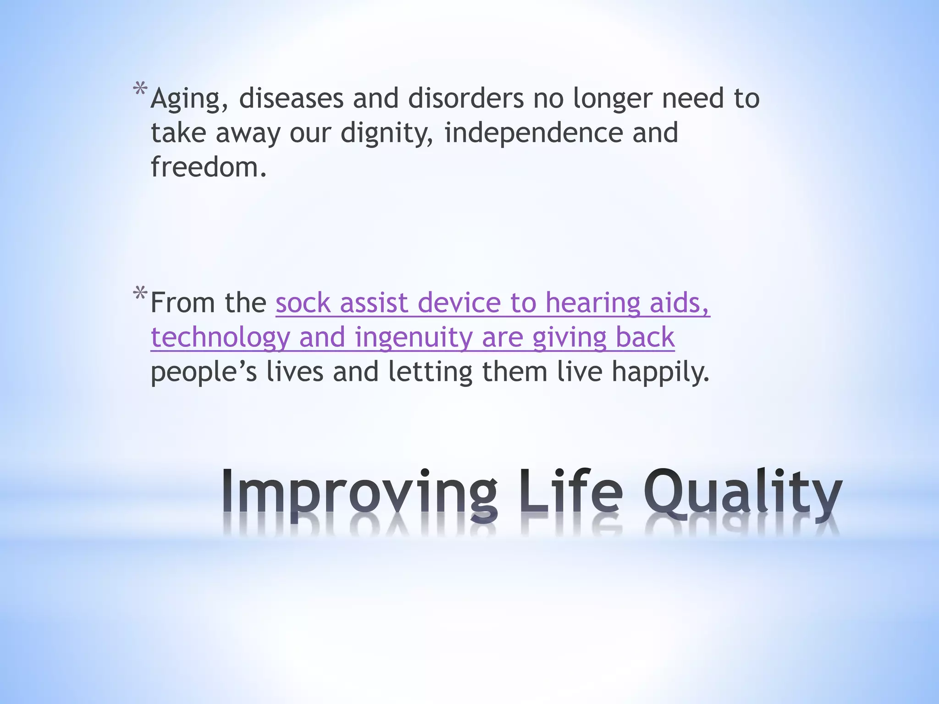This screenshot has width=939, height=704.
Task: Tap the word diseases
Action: [x=291, y=99]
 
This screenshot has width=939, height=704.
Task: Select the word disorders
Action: [x=465, y=99]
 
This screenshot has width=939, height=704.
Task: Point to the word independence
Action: [x=533, y=133]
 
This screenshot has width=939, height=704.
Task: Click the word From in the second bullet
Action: [x=182, y=303]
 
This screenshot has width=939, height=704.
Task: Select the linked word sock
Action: [x=303, y=303]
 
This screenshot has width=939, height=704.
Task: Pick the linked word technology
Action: [x=220, y=338]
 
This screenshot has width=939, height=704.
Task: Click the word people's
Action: [x=204, y=372]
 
